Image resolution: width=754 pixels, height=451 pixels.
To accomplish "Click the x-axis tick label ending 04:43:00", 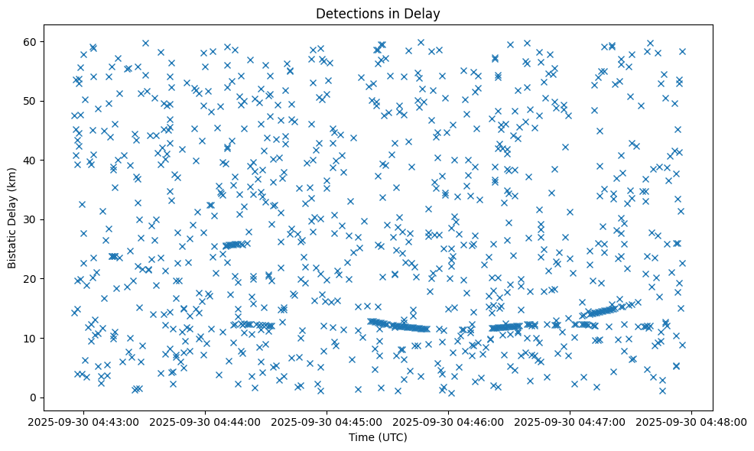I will [x=84, y=421].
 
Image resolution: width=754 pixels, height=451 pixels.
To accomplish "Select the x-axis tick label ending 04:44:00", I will [x=206, y=421].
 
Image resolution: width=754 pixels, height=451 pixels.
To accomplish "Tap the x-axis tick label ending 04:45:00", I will [x=327, y=421].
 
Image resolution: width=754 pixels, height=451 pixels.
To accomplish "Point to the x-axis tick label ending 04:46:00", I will [x=449, y=421].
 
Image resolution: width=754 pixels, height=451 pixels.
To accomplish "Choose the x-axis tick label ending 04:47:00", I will [x=570, y=421].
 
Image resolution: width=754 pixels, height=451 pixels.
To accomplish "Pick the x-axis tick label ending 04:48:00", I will [x=692, y=421].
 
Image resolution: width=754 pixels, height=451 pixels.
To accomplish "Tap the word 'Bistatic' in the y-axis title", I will [x=12, y=249].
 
